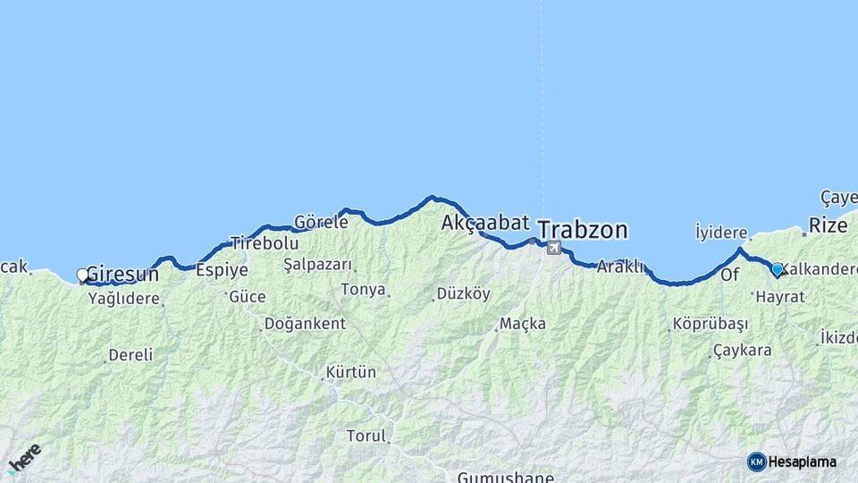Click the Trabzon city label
(x=583, y=230)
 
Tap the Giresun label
(x=122, y=275)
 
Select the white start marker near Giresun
(x=82, y=275)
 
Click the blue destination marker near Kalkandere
(x=777, y=269)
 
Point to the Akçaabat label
(x=485, y=223)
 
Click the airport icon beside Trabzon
(x=554, y=248)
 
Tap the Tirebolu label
(x=264, y=243)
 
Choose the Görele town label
(x=321, y=222)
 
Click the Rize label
(x=828, y=225)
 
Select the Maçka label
(x=523, y=324)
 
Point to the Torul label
(x=366, y=436)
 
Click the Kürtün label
(x=351, y=371)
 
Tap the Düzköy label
(x=463, y=294)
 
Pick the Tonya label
(x=363, y=290)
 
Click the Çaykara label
(x=743, y=351)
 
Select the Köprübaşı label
(x=710, y=324)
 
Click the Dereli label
(x=130, y=355)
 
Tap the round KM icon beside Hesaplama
(x=756, y=462)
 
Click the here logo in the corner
(x=24, y=458)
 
